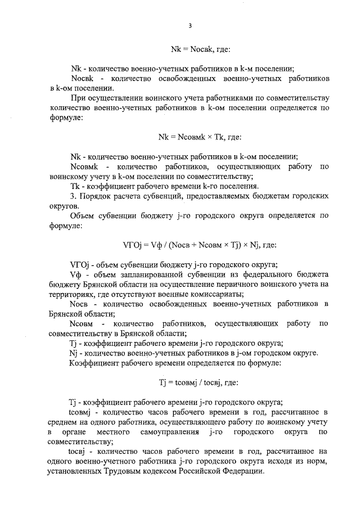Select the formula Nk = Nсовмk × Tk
coord(200,136)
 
